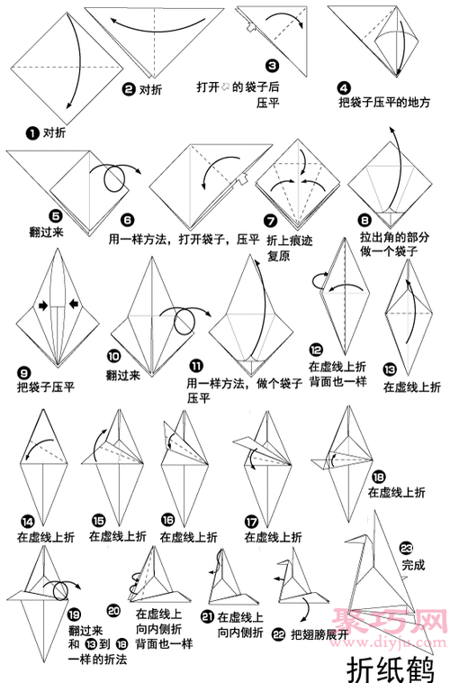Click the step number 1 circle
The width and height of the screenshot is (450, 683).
33,133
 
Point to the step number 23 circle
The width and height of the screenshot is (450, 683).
407,548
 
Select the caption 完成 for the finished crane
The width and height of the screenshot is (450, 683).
412,565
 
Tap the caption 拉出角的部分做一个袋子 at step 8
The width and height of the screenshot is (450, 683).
392,244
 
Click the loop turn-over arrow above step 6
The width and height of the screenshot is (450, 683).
117,177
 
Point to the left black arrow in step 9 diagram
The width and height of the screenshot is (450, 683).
41,306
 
